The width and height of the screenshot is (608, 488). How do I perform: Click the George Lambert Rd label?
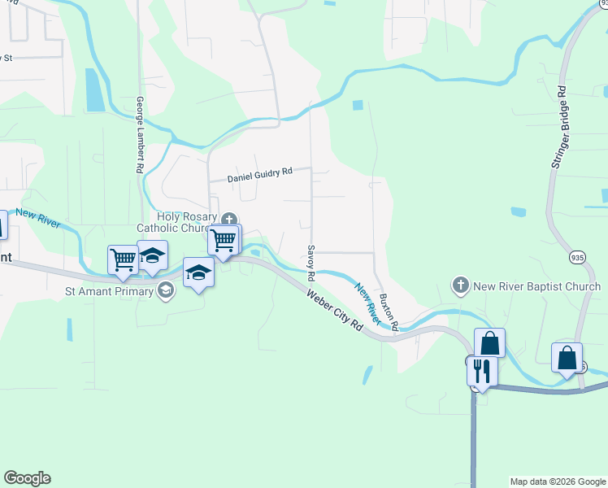coord(140,134)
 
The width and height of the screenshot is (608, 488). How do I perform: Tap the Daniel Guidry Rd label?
coord(259,174)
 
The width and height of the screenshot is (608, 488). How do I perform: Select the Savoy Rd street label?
coord(311,262)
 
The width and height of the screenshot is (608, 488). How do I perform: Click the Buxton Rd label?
coord(389,312)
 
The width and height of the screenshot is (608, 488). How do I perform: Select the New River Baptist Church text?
coord(536,286)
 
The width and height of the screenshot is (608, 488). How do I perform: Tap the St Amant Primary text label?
coord(109,290)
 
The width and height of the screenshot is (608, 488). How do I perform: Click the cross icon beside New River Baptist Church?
coord(461,285)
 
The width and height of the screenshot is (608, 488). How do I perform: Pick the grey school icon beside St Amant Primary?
coord(166,290)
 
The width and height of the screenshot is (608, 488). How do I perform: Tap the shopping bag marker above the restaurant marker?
coord(489,342)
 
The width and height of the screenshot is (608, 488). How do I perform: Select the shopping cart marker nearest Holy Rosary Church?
coord(223,240)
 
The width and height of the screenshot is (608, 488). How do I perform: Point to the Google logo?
coord(27,478)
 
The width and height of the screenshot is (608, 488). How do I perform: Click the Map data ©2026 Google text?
coord(558,481)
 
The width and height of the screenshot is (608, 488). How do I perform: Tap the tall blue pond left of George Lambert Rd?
coord(94,89)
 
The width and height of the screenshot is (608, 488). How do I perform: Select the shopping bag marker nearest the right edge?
coord(567,357)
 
